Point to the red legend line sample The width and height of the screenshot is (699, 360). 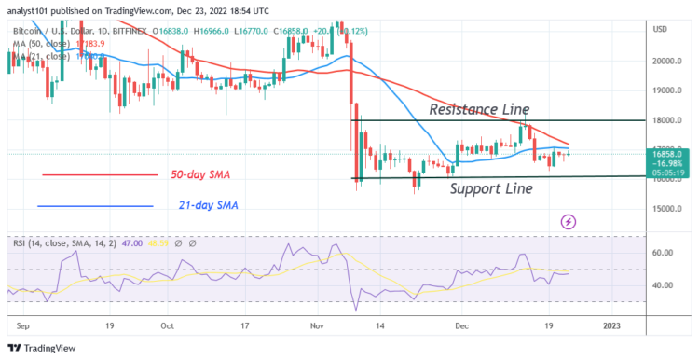pos(100,175)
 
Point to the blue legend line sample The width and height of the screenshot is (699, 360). pos(95,206)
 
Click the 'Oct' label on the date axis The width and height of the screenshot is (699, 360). pos(168,326)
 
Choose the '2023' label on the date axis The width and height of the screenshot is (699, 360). pos(611,326)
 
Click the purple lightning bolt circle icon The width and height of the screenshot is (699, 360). pos(569,222)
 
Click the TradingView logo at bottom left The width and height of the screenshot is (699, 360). pos(44,349)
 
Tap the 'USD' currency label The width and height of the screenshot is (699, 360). pos(661,29)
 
